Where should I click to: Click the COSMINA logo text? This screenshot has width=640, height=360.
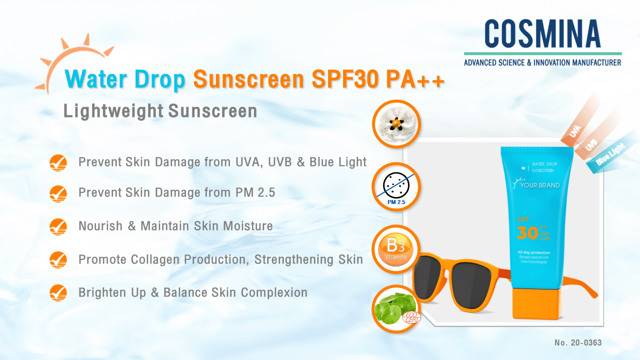click(542, 34)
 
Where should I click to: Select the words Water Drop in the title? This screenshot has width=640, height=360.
click(125, 80)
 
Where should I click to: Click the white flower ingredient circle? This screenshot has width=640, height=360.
click(396, 124)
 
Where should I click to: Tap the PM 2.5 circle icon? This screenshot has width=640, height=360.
click(396, 186)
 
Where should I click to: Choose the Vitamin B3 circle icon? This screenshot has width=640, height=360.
click(396, 249)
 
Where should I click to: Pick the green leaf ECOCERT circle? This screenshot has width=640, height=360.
click(396, 310)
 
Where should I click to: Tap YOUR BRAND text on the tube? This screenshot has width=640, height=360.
click(539, 185)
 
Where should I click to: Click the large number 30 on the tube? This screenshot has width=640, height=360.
click(528, 232)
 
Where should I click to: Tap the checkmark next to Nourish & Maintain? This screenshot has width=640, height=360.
click(58, 226)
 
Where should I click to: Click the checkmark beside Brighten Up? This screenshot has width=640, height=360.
click(58, 292)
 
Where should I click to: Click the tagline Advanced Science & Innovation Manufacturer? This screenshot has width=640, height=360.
click(542, 62)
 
